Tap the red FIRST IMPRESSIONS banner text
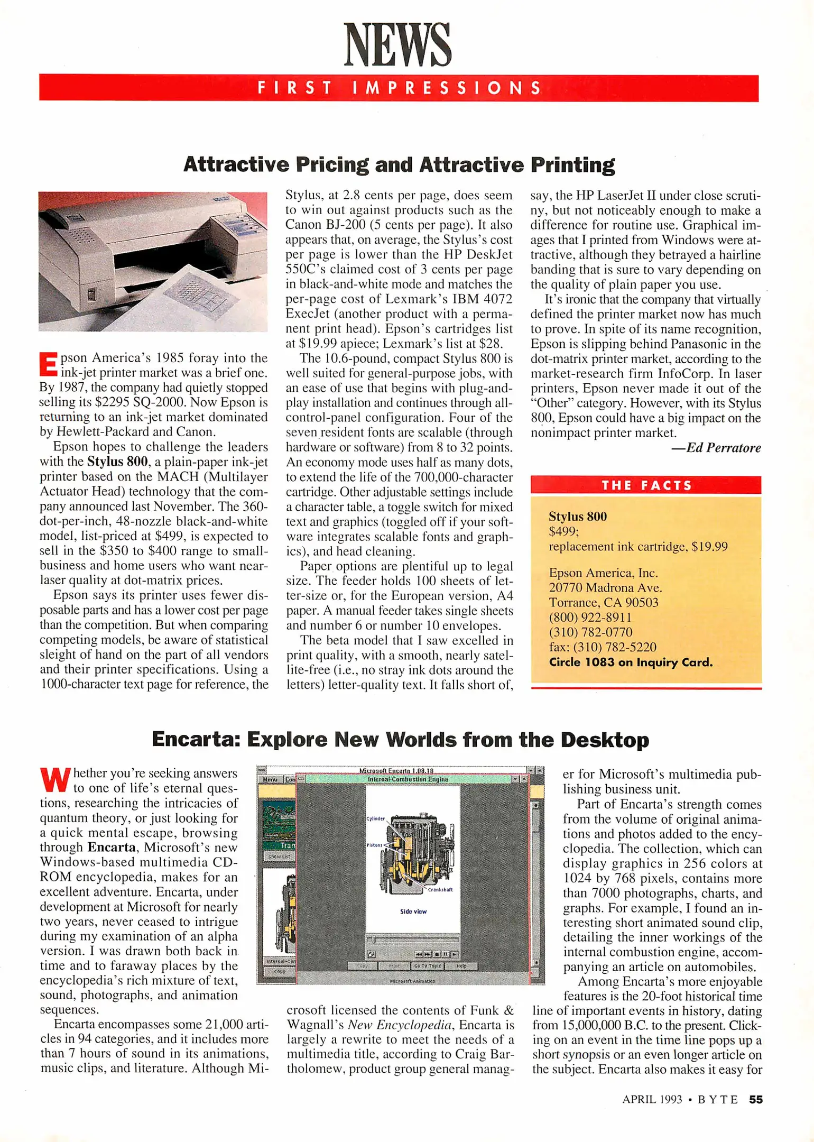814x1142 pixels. [x=399, y=88]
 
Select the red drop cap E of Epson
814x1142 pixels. [x=48, y=365]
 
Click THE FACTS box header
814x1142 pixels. [x=646, y=485]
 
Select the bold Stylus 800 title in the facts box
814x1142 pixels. [x=577, y=517]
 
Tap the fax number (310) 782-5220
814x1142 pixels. [x=603, y=647]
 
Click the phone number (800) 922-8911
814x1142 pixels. [x=590, y=618]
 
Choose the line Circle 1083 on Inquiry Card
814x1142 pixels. [x=631, y=662]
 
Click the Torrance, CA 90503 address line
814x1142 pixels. [x=603, y=603]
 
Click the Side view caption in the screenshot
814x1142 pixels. [x=413, y=911]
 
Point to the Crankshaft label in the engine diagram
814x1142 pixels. [x=440, y=890]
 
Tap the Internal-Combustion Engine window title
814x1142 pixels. [x=408, y=779]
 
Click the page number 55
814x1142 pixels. [x=756, y=1100]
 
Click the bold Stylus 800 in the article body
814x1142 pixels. [x=117, y=462]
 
